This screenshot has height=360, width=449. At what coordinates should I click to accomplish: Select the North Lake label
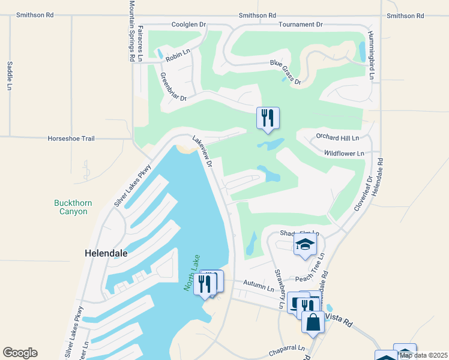[x=191, y=273]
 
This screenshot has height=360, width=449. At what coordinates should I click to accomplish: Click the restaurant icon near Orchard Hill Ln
[x=268, y=118]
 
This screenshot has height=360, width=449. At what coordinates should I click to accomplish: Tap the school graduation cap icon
[x=305, y=244]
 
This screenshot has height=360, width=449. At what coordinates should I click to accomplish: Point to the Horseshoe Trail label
[x=71, y=139]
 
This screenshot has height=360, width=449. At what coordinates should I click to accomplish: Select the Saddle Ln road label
[x=10, y=76]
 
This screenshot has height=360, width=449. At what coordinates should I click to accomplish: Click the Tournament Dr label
[x=301, y=25]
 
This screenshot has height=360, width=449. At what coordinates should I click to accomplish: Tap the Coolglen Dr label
[x=188, y=25]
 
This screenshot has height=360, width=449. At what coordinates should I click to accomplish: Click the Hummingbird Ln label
[x=372, y=55]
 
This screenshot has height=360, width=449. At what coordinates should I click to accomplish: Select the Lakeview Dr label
[x=202, y=151]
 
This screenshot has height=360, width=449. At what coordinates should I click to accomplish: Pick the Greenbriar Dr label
[x=173, y=86]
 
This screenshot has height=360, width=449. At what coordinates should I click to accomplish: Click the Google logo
[x=20, y=353]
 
